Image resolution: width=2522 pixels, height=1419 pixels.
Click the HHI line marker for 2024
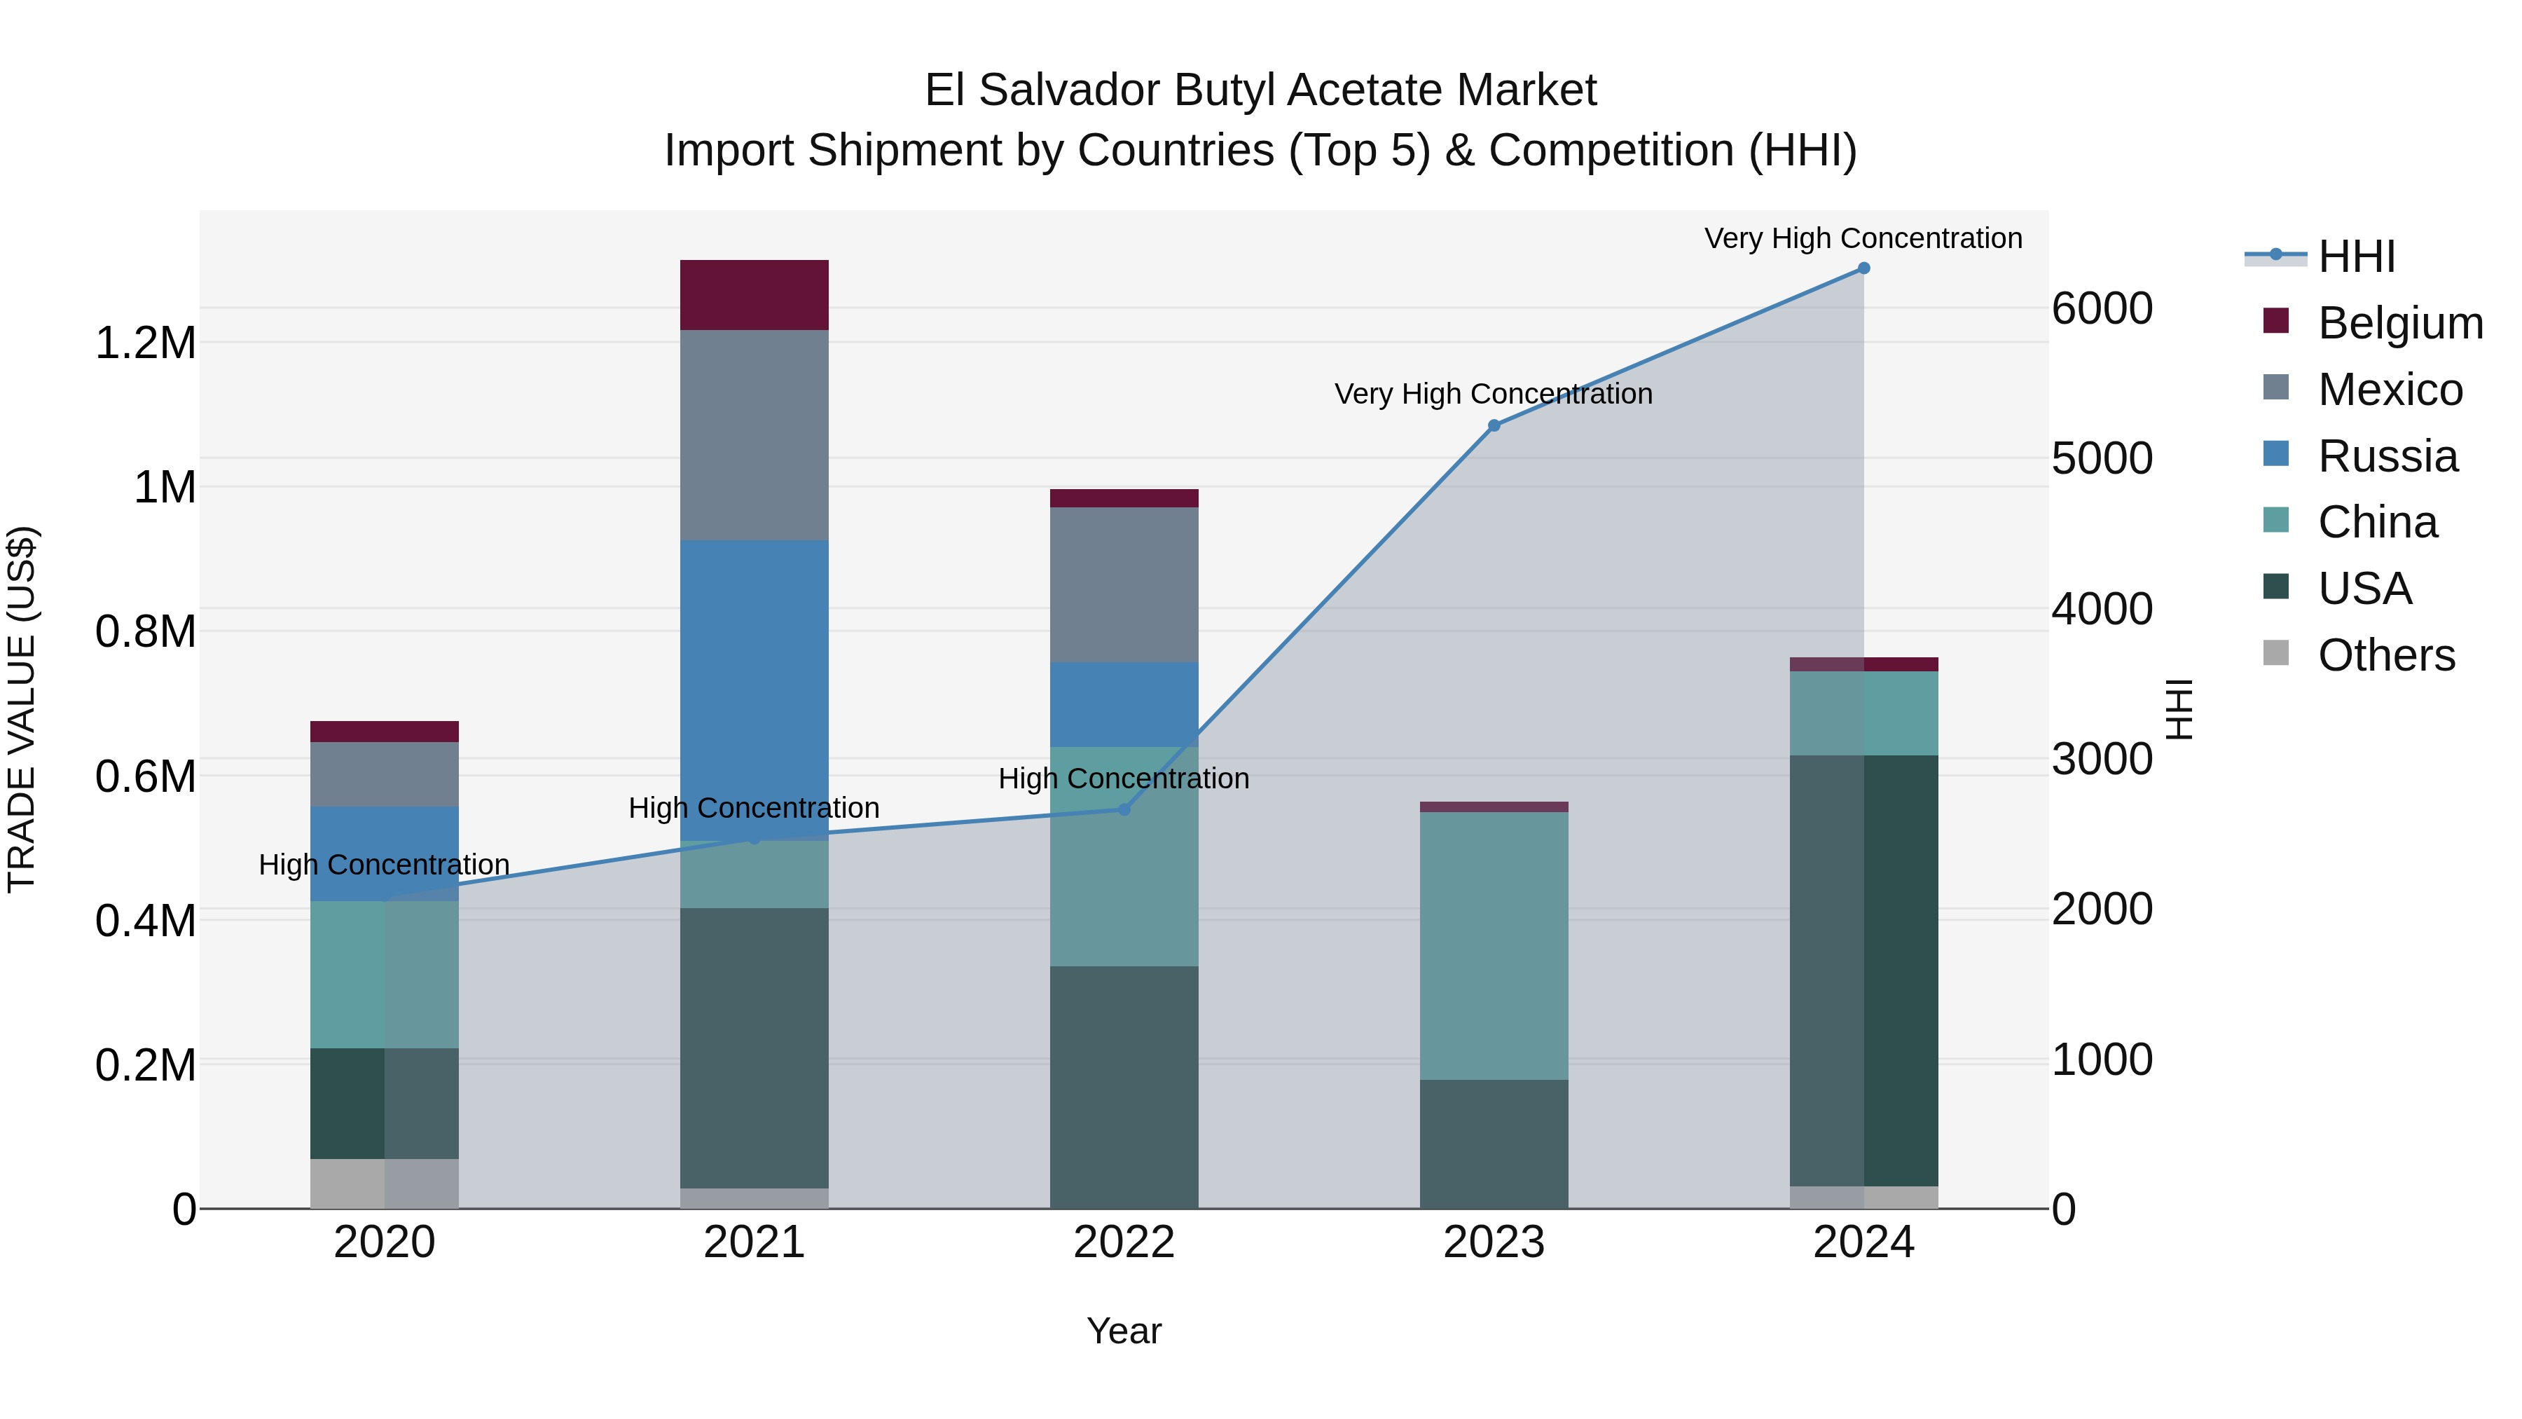click(1863, 268)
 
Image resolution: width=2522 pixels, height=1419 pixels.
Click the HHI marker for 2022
click(1124, 810)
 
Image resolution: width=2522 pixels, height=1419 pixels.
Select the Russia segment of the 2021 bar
click(754, 685)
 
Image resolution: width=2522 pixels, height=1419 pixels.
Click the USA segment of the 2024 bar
click(1863, 970)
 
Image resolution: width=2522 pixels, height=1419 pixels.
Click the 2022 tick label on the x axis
click(1124, 1242)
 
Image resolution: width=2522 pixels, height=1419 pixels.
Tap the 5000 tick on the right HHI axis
click(2102, 458)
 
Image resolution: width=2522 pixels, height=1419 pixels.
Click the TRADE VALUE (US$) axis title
click(22, 709)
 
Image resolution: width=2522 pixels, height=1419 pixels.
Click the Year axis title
click(1124, 1331)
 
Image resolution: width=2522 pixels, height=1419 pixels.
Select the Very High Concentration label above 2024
click(1863, 238)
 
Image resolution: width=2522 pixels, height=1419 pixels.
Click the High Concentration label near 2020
click(384, 865)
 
